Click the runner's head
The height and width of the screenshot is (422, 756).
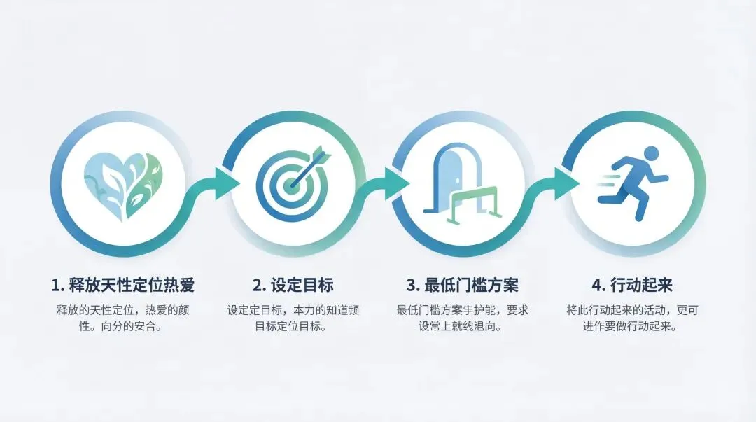coord(650,153)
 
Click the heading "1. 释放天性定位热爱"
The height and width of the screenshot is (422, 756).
coord(122,285)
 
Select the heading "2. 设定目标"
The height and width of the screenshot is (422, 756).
coord(293,285)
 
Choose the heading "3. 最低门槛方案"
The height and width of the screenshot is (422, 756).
coord(463,285)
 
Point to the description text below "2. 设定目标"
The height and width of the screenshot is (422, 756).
coord(292,318)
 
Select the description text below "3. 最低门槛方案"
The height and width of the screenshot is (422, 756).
coord(463,318)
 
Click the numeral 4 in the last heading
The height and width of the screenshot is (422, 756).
coord(596,286)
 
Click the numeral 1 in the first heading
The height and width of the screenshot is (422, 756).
coord(55,286)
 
